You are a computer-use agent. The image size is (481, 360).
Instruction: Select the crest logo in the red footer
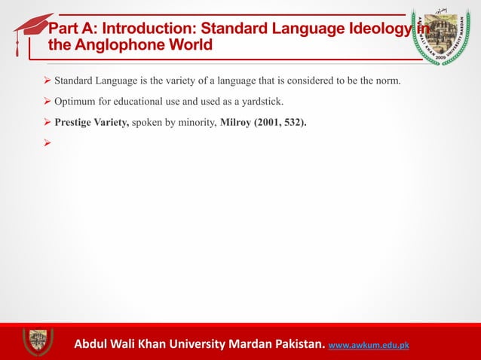(37, 341)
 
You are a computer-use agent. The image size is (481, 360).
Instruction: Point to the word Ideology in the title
(375, 29)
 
